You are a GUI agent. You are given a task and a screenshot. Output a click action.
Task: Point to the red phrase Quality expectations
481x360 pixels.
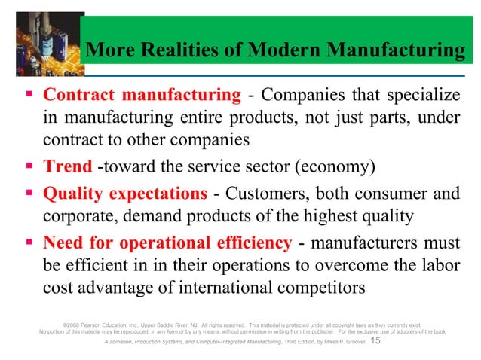coord(125,194)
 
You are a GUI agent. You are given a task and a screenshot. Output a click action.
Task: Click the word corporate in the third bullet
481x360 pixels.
coord(75,218)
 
